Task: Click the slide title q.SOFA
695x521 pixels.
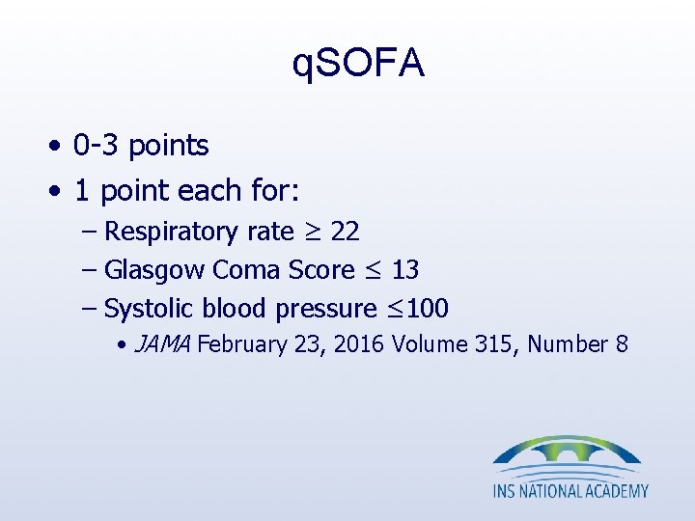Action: point(357,64)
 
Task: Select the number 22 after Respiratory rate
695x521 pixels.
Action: point(346,232)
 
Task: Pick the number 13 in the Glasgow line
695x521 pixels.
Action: point(404,270)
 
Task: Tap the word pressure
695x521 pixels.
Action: point(326,309)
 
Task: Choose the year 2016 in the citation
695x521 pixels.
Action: point(362,344)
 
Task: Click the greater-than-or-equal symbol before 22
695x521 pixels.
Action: point(313,233)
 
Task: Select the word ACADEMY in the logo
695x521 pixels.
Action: point(614,490)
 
